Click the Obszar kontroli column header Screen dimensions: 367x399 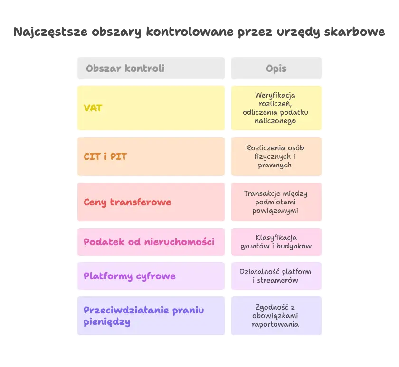click(125, 68)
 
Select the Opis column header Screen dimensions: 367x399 click(276, 68)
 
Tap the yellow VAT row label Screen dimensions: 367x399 click(93, 108)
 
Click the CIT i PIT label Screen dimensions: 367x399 click(105, 156)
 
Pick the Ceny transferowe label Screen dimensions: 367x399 click(127, 202)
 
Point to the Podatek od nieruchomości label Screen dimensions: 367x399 click(149, 242)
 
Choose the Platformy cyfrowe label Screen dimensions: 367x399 click(130, 276)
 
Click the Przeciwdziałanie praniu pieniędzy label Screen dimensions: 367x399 click(143, 316)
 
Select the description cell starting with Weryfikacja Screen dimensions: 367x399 click(275, 108)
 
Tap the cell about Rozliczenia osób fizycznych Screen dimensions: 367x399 click(275, 156)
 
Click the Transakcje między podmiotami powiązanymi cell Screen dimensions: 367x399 click(275, 202)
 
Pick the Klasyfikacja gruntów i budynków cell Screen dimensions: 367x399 click(275, 242)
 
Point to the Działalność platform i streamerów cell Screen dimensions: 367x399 click(275, 276)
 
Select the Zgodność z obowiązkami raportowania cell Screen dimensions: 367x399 click(275, 316)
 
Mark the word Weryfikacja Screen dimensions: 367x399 click(275, 95)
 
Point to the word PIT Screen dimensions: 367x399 click(118, 156)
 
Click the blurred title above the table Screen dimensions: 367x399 click(199, 32)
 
